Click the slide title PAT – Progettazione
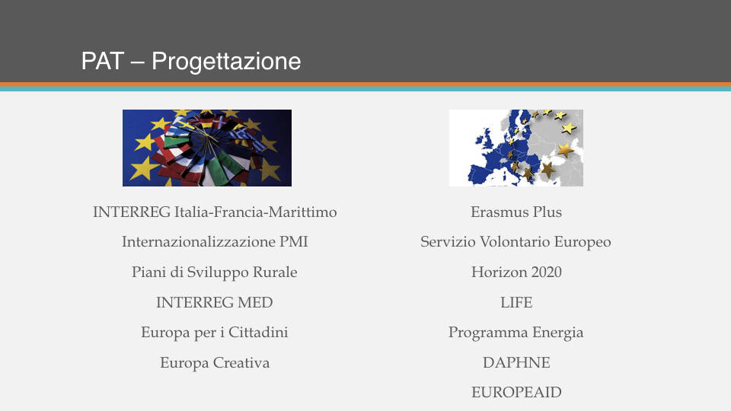click(191, 62)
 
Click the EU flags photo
click(207, 148)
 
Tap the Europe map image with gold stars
click(516, 148)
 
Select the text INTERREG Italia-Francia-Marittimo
click(215, 212)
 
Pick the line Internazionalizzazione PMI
click(215, 242)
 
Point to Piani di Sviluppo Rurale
click(215, 272)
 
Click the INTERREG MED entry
click(215, 302)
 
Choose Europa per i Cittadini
click(215, 333)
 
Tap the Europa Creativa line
click(215, 362)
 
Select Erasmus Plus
click(516, 212)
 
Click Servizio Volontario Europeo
click(516, 242)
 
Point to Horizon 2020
click(516, 272)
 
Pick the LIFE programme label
click(516, 302)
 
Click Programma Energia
click(516, 333)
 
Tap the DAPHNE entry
click(516, 362)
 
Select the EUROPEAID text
click(516, 393)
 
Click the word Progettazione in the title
click(226, 62)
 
